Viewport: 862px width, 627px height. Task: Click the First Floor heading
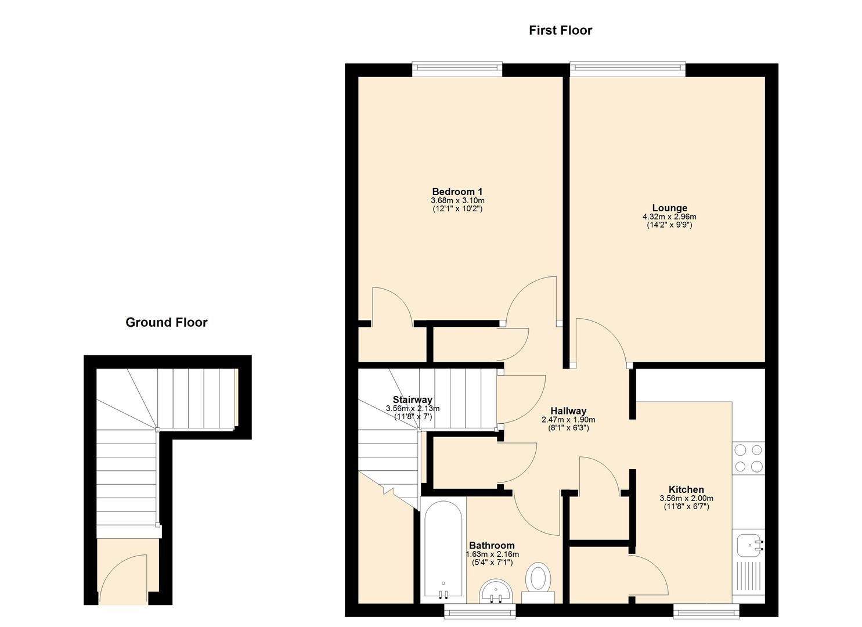[x=560, y=30]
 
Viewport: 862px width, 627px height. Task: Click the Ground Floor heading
[x=166, y=322]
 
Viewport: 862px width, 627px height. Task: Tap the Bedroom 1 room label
[x=457, y=192]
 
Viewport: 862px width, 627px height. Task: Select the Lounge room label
[x=669, y=208]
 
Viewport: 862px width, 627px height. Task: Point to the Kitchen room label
[x=686, y=489]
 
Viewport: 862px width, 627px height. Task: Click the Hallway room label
[x=568, y=411]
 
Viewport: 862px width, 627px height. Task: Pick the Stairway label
[x=412, y=399]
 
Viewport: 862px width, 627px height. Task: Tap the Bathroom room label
[x=491, y=545]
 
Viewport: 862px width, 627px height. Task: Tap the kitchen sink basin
[x=749, y=545]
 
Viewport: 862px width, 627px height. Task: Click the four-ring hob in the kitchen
[x=748, y=457]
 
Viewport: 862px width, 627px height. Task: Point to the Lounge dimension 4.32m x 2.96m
[x=669, y=217]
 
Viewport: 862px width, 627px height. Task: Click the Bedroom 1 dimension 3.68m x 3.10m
[x=457, y=200]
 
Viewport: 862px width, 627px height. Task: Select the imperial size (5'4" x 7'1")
[x=492, y=562]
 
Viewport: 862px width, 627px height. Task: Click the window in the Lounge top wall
[x=627, y=69]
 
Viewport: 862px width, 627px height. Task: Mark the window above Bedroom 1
[x=457, y=69]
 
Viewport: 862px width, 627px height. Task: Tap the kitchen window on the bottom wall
[x=705, y=610]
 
